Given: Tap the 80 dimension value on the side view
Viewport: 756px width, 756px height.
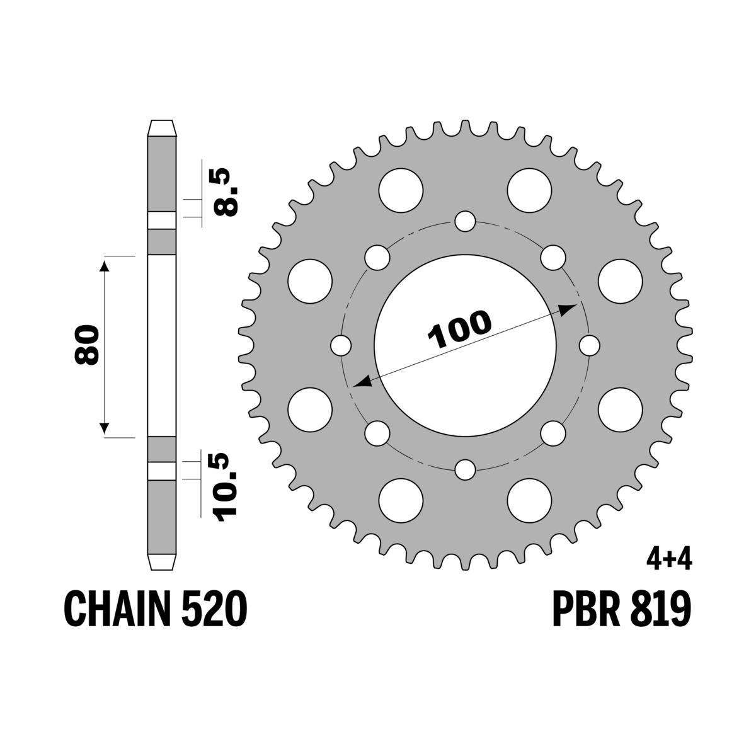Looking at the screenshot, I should click(x=87, y=345).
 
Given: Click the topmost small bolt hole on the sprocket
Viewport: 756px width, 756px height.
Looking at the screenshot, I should click(x=465, y=221).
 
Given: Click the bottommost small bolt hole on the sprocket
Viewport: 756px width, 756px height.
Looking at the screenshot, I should click(x=465, y=469).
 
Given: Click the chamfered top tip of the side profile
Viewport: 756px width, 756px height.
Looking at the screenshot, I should click(x=162, y=127).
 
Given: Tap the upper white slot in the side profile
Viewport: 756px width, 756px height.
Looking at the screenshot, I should click(x=162, y=220).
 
